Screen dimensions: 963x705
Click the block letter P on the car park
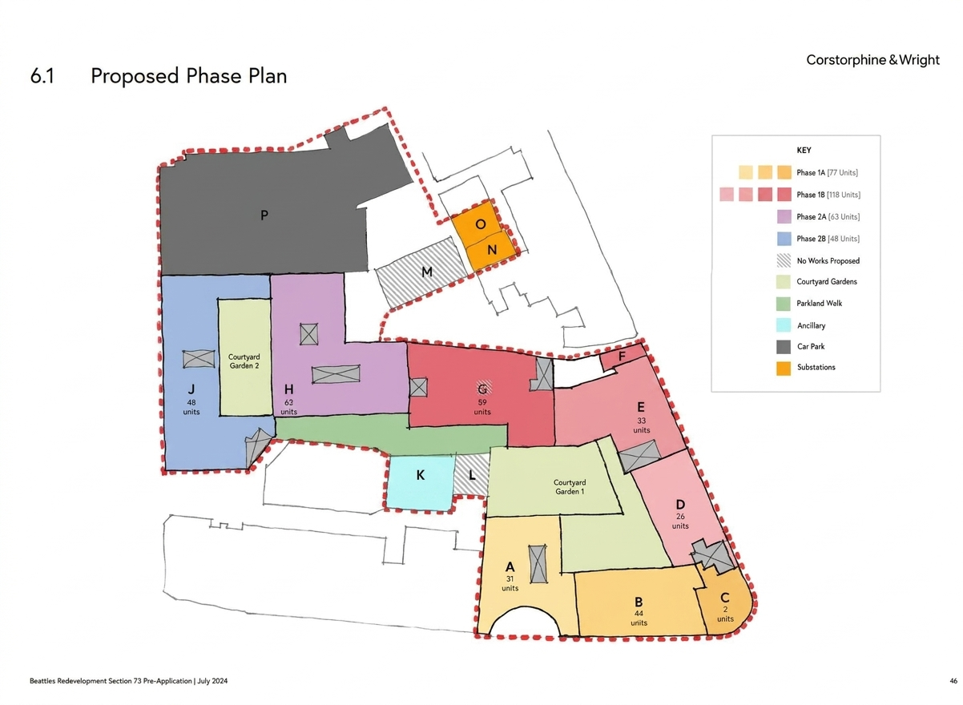click(264, 215)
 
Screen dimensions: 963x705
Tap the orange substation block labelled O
click(477, 223)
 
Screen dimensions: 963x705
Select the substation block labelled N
click(491, 251)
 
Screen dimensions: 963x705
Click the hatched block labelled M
click(421, 272)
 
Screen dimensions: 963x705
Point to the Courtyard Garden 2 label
click(244, 361)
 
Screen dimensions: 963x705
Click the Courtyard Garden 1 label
click(569, 486)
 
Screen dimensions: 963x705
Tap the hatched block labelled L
click(472, 475)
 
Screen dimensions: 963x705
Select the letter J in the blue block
click(191, 389)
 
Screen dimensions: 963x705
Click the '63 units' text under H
click(288, 407)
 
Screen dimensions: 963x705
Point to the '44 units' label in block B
click(639, 618)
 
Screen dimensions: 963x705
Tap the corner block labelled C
click(724, 602)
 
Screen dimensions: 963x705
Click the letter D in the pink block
click(680, 504)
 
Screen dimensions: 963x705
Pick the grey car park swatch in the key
click(784, 346)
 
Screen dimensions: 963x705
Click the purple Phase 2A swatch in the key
click(784, 216)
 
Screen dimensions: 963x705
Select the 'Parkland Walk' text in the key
click(819, 303)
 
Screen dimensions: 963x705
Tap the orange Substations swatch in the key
click(784, 369)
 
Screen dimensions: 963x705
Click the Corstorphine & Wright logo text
click(872, 60)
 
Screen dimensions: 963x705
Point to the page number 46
click(953, 681)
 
